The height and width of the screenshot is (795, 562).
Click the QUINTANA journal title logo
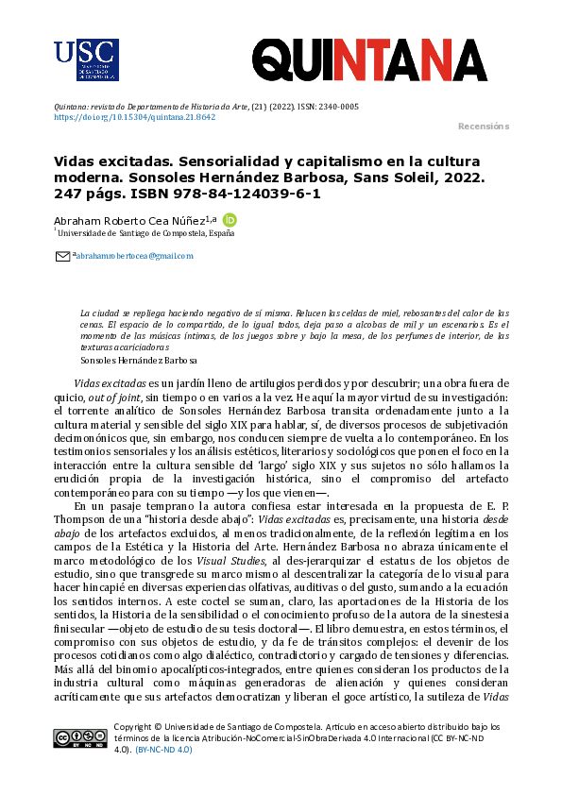(x=369, y=58)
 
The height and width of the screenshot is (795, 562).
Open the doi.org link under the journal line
(x=134, y=117)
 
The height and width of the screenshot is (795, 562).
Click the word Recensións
(x=483, y=127)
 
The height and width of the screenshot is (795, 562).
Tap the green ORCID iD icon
(x=229, y=219)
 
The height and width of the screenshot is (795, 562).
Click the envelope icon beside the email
(x=63, y=255)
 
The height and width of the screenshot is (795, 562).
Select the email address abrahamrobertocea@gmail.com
(x=134, y=256)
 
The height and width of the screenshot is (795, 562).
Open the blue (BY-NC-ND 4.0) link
(x=163, y=750)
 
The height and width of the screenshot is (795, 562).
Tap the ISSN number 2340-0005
(x=337, y=107)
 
